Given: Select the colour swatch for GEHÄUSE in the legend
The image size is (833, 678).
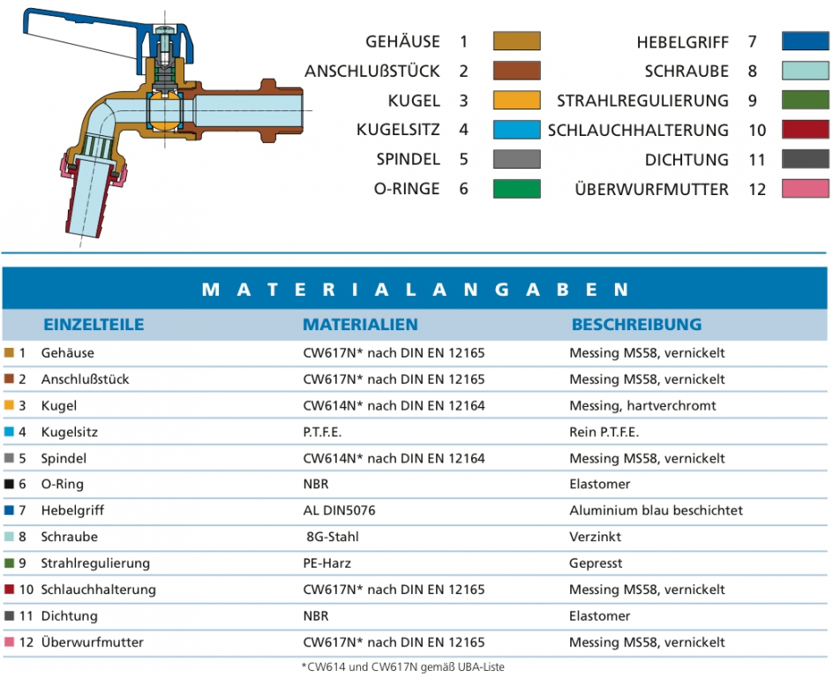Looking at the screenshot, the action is pyautogui.click(x=516, y=41).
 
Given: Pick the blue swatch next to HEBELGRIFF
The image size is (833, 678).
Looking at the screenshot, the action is pyautogui.click(x=805, y=41).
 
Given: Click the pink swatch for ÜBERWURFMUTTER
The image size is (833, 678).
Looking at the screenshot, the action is pyautogui.click(x=805, y=189).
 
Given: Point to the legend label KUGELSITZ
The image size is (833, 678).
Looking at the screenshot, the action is pyautogui.click(x=398, y=130).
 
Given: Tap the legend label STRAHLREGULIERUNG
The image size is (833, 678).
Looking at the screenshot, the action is pyautogui.click(x=642, y=101).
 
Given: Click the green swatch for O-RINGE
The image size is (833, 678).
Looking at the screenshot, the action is pyautogui.click(x=516, y=189).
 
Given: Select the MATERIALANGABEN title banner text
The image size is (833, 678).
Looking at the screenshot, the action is pyautogui.click(x=416, y=290).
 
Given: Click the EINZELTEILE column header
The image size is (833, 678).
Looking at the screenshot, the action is pyautogui.click(x=94, y=325).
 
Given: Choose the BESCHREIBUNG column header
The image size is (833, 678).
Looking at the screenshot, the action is pyautogui.click(x=636, y=325).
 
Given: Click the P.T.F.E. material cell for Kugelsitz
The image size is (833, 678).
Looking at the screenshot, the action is pyautogui.click(x=322, y=432).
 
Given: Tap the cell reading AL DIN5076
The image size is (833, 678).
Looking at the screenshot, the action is pyautogui.click(x=339, y=510).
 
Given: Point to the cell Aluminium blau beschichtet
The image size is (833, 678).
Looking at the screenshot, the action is pyautogui.click(x=657, y=510).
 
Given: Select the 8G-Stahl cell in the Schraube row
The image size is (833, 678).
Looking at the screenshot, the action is pyautogui.click(x=333, y=537).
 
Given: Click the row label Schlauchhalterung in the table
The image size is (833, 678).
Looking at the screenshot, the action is pyautogui.click(x=98, y=590).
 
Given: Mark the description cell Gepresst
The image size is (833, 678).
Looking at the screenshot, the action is pyautogui.click(x=596, y=563).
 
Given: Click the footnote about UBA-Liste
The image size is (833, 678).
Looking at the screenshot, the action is pyautogui.click(x=402, y=667).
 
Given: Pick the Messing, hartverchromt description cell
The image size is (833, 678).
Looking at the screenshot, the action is pyautogui.click(x=642, y=406).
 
